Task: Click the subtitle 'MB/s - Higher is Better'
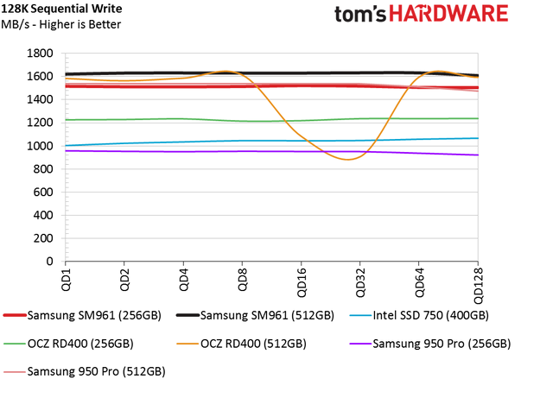pos(61,24)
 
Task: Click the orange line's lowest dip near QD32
pos(347,159)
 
